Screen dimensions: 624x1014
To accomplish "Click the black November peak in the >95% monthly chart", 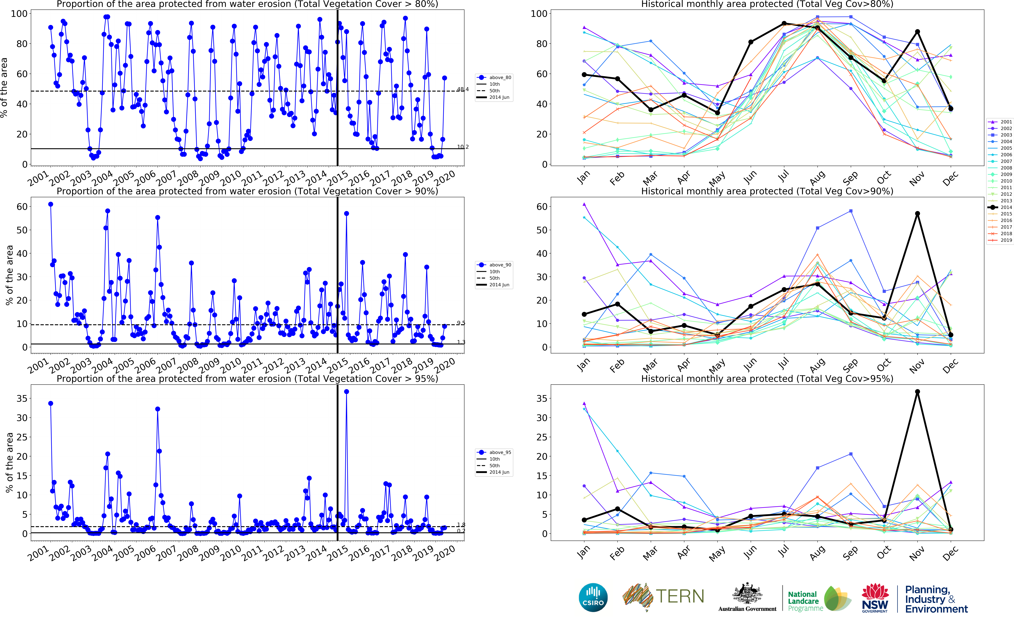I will pyautogui.click(x=917, y=392).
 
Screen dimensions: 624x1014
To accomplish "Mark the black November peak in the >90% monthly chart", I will pyautogui.click(x=917, y=214).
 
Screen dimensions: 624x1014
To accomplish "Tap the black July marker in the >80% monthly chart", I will pyautogui.click(x=784, y=24).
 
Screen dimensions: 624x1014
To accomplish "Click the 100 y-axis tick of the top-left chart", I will pyautogui.click(x=19, y=14).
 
